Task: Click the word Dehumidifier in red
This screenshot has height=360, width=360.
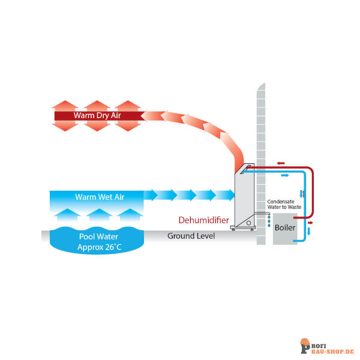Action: (203, 220)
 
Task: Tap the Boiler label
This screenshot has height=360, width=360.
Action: (285, 227)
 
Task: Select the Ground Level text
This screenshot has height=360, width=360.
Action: (191, 236)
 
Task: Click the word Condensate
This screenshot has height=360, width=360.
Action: (281, 202)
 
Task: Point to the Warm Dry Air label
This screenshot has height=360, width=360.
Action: (97, 115)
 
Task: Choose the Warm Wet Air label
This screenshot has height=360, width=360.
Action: (100, 197)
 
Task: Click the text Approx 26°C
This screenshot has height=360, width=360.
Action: (100, 247)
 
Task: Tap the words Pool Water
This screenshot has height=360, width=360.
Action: (98, 236)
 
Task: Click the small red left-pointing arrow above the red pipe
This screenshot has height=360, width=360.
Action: (281, 163)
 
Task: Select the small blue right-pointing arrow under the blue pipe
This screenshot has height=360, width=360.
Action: (285, 175)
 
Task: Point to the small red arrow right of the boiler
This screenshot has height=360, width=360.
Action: (310, 223)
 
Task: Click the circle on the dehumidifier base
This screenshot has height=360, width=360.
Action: (248, 223)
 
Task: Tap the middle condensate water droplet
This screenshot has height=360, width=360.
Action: (269, 221)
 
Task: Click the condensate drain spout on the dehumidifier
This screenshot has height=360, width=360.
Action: (262, 214)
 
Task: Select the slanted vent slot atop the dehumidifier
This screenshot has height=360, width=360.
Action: (245, 169)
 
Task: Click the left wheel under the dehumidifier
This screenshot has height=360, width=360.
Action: (233, 229)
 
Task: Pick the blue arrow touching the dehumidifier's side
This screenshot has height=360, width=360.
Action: (226, 195)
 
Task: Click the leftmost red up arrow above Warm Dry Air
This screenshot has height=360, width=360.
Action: (65, 106)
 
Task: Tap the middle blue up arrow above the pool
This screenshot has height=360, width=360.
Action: (99, 215)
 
